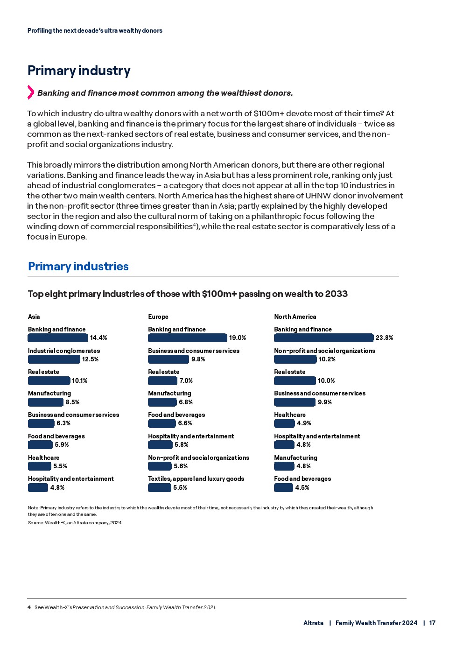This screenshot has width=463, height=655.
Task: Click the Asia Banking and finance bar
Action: [x=58, y=338]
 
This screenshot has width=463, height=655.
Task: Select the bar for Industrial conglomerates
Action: [x=54, y=359]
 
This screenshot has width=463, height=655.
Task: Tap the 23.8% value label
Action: [x=384, y=338]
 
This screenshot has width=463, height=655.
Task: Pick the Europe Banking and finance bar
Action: [x=187, y=338]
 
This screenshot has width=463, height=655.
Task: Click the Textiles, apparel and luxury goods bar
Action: [x=159, y=487]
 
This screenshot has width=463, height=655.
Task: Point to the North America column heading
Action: [x=295, y=317]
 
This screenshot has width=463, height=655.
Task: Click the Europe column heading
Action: [x=158, y=317]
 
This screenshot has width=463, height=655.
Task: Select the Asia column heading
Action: [x=34, y=317]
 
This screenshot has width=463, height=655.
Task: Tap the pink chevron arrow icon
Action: [x=31, y=92]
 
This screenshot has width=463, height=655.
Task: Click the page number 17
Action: [x=432, y=623]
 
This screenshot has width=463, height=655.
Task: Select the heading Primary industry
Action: [x=79, y=70]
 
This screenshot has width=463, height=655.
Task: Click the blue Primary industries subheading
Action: [x=78, y=266]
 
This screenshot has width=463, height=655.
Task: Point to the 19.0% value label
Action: [x=238, y=338]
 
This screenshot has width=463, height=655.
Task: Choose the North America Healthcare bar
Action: [x=284, y=423]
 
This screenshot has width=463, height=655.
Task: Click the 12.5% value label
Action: [x=90, y=359]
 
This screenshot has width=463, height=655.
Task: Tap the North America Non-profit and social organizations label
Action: [x=324, y=351]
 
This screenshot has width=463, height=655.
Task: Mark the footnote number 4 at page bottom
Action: [x=29, y=607]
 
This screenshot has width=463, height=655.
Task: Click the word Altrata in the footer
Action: [x=313, y=623]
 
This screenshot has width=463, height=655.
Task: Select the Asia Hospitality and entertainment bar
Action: [x=38, y=487]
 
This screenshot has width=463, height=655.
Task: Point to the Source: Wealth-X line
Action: [x=75, y=522]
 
